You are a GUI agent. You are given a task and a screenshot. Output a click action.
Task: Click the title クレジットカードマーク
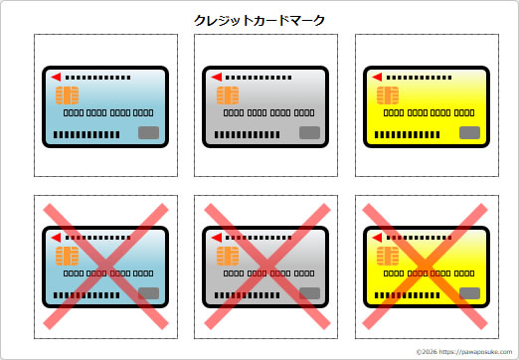[x=259, y=19]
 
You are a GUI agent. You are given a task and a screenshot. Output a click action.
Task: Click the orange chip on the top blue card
[x=69, y=95]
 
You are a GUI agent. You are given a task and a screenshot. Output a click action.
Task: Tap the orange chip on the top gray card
[x=228, y=95]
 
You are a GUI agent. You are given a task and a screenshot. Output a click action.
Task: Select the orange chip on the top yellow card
[x=389, y=95]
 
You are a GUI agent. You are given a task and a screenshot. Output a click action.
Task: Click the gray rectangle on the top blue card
[x=148, y=132]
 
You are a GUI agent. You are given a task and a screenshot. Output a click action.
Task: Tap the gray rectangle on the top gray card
[x=308, y=132]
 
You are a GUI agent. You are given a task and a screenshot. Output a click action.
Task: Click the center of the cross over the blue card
[x=106, y=266]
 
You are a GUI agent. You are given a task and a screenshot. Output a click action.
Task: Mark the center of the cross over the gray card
[x=266, y=266]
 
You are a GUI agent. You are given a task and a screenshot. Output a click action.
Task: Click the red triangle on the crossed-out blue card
[x=56, y=238]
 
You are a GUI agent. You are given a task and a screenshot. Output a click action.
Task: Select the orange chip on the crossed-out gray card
[x=228, y=256]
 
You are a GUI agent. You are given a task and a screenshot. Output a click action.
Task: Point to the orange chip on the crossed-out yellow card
[x=389, y=256]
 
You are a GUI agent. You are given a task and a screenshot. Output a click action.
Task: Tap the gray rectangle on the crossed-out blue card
[x=148, y=293]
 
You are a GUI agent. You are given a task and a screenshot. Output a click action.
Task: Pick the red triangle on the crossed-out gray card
[x=215, y=238]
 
